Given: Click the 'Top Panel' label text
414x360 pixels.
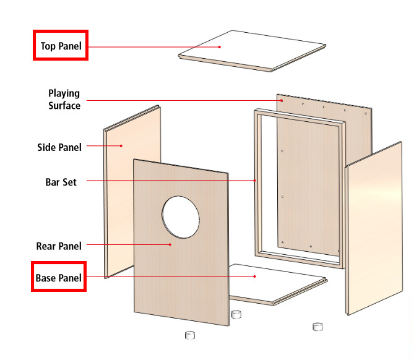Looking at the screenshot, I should coord(61,46).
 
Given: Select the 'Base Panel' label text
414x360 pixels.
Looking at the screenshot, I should coord(58,278).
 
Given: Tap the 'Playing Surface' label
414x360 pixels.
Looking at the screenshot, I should coord(64,100).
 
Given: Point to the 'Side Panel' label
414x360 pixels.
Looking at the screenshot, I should coord(59,147).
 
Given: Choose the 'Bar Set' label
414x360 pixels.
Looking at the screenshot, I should coord(61,182).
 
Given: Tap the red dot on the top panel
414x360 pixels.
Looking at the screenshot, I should coord(220,46).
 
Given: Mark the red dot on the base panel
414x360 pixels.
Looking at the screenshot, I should coord(254,277).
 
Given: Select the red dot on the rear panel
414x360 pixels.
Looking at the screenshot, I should coord(171,245).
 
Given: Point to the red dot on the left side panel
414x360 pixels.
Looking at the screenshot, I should coord(121,146).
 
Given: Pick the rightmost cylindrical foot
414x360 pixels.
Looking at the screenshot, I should coord(318,326).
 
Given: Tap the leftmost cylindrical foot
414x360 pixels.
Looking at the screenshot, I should coord(190,335).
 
